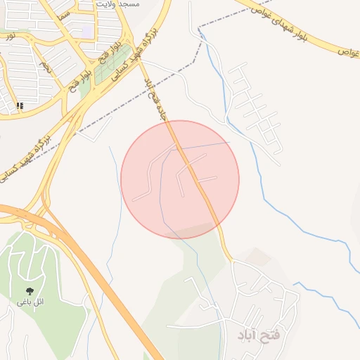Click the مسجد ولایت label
pos(121,4)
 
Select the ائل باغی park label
pos(30,302)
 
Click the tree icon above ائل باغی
pos(30,290)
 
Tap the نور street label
pos(9,34)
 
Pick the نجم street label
pos(46,67)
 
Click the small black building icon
pos(20,105)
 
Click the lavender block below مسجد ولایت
pos(87,32)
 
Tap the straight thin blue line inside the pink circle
pos(204,147)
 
